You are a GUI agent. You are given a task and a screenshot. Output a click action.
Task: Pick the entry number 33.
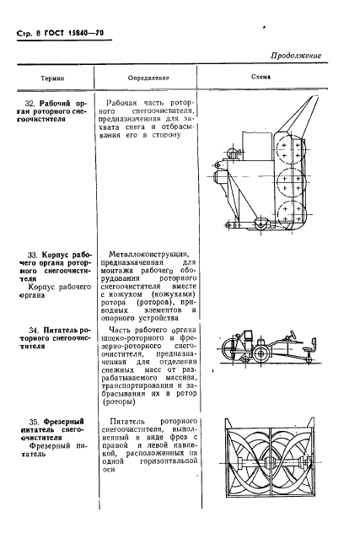point(33,252)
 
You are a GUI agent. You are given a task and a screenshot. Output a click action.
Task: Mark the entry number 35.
point(33,419)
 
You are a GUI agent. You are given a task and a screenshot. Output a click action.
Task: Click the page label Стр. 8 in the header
point(26,33)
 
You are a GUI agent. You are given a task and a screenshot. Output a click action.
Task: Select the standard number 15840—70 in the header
point(90,33)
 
